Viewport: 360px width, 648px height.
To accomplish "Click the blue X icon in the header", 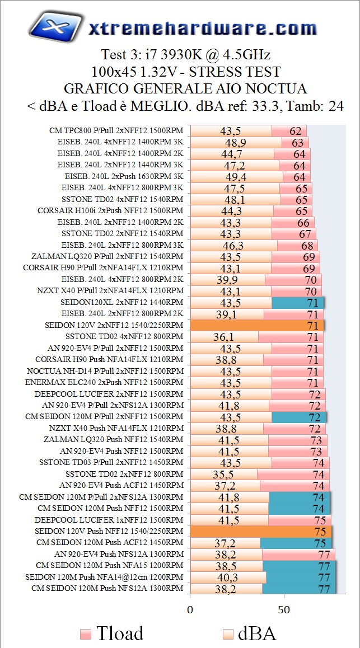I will point(53,26).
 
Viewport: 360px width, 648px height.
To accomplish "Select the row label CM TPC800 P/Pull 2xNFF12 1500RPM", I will point(116,130).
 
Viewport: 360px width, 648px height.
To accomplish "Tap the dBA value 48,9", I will point(235,142).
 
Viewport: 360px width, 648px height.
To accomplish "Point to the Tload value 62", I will point(296,130).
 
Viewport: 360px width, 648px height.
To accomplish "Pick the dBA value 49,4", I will point(236,177).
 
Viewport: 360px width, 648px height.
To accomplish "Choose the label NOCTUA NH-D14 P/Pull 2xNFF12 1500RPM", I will point(105,371).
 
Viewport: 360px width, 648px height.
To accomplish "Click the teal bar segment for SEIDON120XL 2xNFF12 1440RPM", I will point(297,303).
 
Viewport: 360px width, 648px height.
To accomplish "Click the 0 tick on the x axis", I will point(190,608).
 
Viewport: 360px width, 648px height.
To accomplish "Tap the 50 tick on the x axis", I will point(284,608).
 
